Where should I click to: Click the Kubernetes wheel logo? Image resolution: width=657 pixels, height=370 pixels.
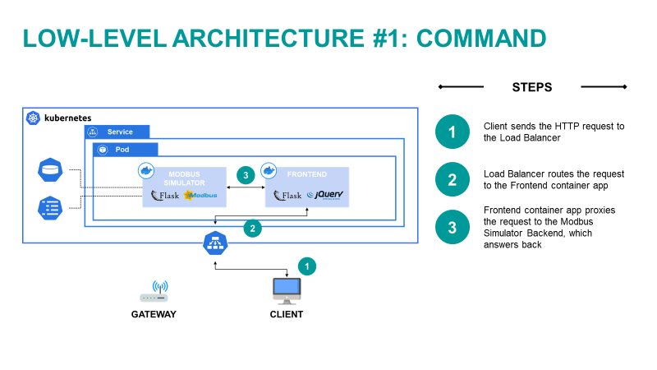(x=34, y=118)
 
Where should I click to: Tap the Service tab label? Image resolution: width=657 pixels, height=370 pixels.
(x=119, y=132)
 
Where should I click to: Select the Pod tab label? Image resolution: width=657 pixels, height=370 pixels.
(x=122, y=150)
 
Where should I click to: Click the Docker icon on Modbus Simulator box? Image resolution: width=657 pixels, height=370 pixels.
(x=147, y=170)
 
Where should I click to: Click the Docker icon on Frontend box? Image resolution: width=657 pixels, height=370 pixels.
(x=269, y=170)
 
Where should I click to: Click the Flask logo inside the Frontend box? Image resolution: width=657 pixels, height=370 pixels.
(x=287, y=195)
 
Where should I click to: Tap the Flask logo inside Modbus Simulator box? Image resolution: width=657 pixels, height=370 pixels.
(x=165, y=195)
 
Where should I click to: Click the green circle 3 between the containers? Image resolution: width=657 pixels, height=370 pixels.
(x=244, y=175)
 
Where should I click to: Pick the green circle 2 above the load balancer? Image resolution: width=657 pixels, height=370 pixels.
(x=253, y=229)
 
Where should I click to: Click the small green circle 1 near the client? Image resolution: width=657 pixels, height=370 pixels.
(x=306, y=266)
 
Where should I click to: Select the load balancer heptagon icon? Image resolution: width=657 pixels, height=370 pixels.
(x=215, y=243)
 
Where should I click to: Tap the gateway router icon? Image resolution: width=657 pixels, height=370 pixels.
(x=154, y=293)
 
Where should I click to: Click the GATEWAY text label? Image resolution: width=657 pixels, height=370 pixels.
(x=154, y=314)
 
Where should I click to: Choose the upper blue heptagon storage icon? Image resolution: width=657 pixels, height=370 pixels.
(x=51, y=171)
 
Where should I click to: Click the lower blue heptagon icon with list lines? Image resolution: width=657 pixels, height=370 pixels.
(x=51, y=207)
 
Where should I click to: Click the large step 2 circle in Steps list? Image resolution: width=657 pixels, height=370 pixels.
(x=452, y=179)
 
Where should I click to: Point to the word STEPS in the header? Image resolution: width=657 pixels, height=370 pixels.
(x=531, y=87)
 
